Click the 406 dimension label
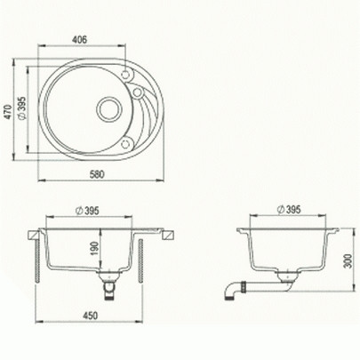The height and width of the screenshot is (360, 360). coord(80,40)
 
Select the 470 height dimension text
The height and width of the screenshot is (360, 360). coord(8,112)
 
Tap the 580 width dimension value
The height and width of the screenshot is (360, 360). coord(97,174)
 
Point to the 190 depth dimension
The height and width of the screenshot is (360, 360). coord(94,249)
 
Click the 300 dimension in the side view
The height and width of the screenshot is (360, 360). coord(349,260)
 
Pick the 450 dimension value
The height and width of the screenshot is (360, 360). coord(89,316)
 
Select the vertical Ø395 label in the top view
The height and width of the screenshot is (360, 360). coord(22,108)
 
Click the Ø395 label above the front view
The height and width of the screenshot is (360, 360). coord(87,211)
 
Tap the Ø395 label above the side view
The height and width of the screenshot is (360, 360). coord(289,210)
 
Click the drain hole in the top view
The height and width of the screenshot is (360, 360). coord(109,109)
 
